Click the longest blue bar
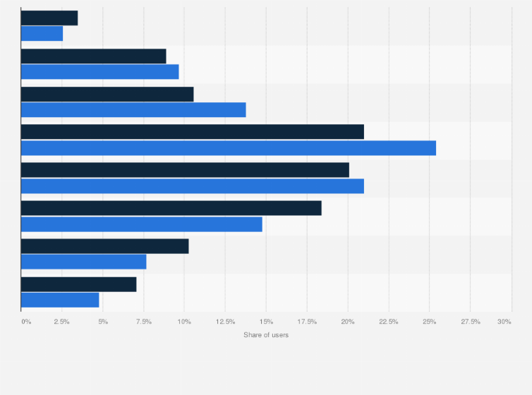[229, 148]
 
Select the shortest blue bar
[42, 33]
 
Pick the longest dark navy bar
[193, 132]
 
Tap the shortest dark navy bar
[49, 18]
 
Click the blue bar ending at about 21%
[193, 186]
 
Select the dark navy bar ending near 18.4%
[171, 208]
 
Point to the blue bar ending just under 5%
[60, 300]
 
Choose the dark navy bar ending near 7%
[79, 284]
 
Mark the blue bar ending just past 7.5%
[84, 262]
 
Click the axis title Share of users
[266, 334]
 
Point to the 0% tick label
[26, 322]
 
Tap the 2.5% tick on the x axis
[62, 322]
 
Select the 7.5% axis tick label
[143, 322]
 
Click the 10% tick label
[184, 322]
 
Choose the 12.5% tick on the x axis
[225, 322]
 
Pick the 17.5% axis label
[307, 322]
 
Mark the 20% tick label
[347, 322]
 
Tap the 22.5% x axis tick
[388, 322]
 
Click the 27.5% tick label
[470, 322]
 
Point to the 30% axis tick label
[504, 322]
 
